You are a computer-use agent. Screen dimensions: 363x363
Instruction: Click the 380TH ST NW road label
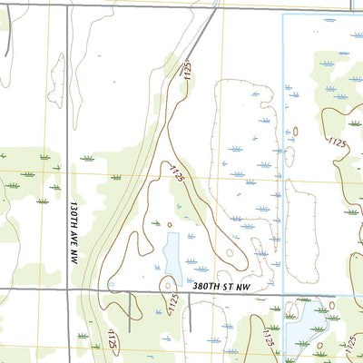pos(222,284)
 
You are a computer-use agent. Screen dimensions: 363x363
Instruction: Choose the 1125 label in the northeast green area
pos(338,142)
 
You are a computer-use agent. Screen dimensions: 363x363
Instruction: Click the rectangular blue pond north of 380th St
pos(171,253)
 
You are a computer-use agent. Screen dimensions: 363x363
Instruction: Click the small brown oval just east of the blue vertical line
pos(295,132)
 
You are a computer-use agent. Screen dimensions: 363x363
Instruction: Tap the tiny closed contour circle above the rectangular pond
pos(169,223)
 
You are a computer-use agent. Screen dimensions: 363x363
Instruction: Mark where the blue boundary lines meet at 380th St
pos(283,293)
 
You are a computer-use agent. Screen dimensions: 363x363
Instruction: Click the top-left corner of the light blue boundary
pos(283,15)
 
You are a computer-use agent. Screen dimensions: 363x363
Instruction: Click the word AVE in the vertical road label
pos(74,218)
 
